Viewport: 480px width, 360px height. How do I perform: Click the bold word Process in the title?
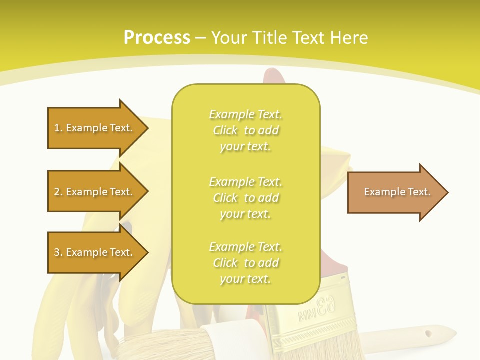(157, 37)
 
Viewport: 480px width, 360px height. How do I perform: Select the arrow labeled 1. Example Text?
(95, 128)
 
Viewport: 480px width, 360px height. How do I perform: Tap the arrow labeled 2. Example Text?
(95, 192)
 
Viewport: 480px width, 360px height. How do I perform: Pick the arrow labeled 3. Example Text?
(95, 252)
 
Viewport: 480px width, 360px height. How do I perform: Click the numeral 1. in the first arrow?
(58, 128)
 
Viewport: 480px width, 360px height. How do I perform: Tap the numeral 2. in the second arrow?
(58, 192)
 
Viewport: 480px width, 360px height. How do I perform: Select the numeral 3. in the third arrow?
(58, 252)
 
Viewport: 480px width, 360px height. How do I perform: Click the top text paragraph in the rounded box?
(245, 130)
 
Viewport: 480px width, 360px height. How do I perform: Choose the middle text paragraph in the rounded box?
(245, 198)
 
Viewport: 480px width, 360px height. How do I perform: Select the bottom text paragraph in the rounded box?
(245, 263)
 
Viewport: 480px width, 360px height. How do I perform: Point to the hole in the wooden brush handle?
(428, 333)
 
